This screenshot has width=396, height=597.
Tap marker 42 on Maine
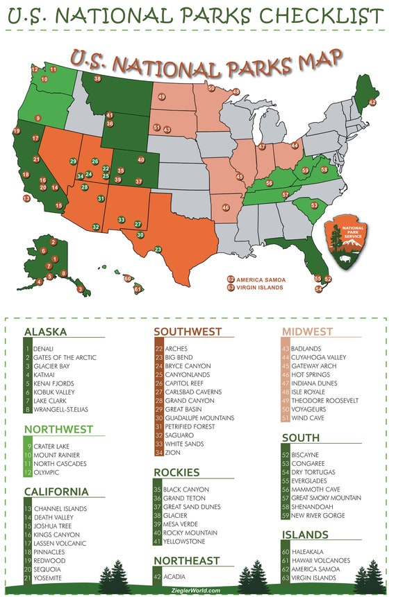click(372, 102)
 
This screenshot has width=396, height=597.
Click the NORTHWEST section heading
click(58, 429)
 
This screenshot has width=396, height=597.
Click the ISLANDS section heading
click(305, 535)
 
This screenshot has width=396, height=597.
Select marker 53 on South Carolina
click(314, 205)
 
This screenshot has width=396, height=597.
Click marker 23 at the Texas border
click(158, 249)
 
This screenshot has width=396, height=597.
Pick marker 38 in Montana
click(97, 79)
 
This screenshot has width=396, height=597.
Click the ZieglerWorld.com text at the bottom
click(198, 591)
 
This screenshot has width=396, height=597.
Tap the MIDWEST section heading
click(307, 331)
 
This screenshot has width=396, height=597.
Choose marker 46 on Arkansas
click(226, 207)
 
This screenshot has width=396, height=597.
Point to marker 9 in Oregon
click(38, 119)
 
